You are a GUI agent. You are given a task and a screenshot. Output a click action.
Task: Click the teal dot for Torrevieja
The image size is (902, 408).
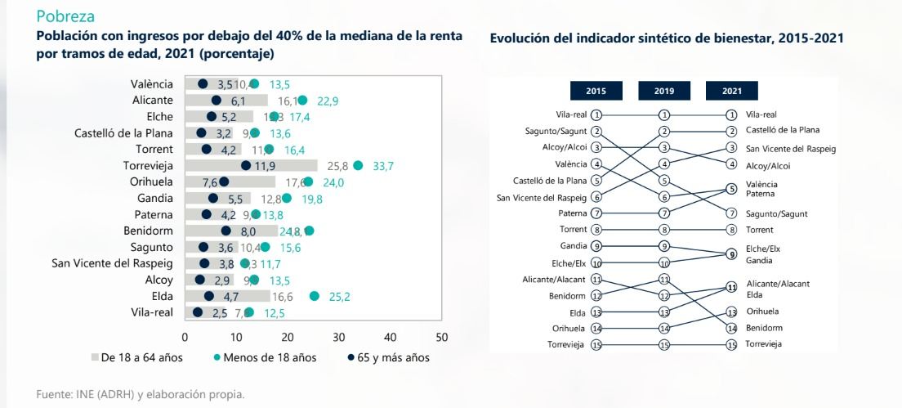point(358,165)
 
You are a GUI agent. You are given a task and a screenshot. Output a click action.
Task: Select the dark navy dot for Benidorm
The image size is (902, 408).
point(226,231)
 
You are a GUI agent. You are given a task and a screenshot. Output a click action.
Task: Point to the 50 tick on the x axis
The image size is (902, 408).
point(442,337)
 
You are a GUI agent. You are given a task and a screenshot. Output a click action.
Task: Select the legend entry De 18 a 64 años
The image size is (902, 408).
point(136,357)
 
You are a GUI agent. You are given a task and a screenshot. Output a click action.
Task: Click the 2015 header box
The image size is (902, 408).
point(596,90)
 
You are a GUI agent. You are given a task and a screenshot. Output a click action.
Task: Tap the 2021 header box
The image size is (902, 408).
point(731,90)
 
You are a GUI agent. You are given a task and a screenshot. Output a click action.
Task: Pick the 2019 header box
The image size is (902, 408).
point(664,90)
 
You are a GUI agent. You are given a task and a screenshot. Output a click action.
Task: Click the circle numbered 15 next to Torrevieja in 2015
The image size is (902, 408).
point(596,345)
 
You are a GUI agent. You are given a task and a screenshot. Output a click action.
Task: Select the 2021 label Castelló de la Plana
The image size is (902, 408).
point(783,130)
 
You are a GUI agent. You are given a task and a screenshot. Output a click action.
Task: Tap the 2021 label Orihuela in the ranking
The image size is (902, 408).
point(762,312)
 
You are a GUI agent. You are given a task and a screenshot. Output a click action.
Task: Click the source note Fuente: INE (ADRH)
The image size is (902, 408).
point(140,395)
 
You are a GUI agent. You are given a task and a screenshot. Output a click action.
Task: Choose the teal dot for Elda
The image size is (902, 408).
point(315,296)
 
